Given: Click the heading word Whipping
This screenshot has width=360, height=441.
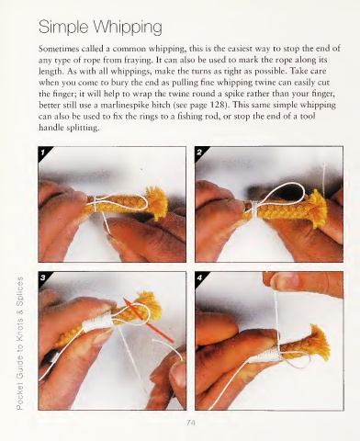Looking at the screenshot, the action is click(x=127, y=28).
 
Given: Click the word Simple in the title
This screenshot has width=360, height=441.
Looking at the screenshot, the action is click(x=63, y=27).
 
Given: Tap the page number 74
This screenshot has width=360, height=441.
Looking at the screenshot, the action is click(x=190, y=423).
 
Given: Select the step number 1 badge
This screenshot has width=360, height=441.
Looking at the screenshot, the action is click(x=43, y=153).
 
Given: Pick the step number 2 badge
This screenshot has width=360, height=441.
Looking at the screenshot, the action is click(x=200, y=153).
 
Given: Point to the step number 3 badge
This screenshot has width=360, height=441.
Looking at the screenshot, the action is click(x=43, y=277).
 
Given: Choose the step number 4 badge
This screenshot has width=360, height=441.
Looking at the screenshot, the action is click(x=200, y=277).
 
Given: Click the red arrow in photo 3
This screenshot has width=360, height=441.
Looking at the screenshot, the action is click(x=148, y=320).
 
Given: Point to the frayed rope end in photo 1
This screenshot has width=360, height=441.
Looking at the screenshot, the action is click(x=155, y=202).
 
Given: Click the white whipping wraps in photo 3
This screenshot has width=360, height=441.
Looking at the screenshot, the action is click(x=97, y=322).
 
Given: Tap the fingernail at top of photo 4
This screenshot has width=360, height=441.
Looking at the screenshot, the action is click(x=286, y=280).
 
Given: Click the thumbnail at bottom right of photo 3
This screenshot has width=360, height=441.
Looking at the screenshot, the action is click(x=177, y=375).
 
